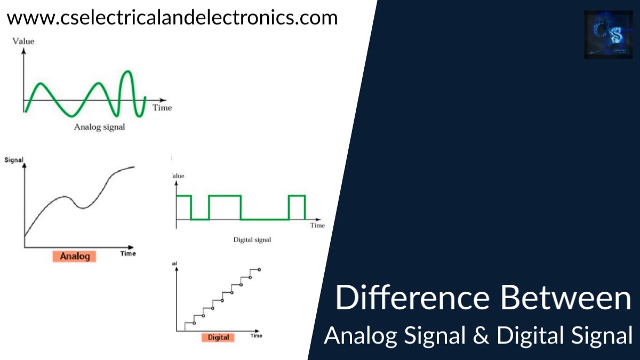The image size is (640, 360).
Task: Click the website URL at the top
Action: tap(172, 18)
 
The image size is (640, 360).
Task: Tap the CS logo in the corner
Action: tap(608, 35)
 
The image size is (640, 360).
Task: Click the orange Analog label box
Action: tap(75, 256)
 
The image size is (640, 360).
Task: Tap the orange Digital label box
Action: tap(218, 337)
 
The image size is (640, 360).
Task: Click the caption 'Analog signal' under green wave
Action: tap(100, 127)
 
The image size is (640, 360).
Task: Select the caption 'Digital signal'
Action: tap(252, 240)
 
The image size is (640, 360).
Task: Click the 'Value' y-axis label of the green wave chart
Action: tap(23, 41)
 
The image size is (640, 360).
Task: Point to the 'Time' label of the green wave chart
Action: tap(162, 108)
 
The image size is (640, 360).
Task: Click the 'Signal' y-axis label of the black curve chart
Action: tap(14, 159)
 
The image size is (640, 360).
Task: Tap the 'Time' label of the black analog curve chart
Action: tap(128, 253)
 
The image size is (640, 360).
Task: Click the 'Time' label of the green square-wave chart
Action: tap(317, 226)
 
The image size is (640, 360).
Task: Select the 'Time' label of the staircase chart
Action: tap(256, 336)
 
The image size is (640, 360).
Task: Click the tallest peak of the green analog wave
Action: tap(127, 71)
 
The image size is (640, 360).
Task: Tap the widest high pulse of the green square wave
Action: tap(225, 196)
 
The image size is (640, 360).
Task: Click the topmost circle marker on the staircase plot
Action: tap(259, 269)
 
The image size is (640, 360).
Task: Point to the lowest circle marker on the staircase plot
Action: tap(194, 323)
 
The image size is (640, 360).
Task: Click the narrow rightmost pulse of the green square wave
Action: tap(297, 196)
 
